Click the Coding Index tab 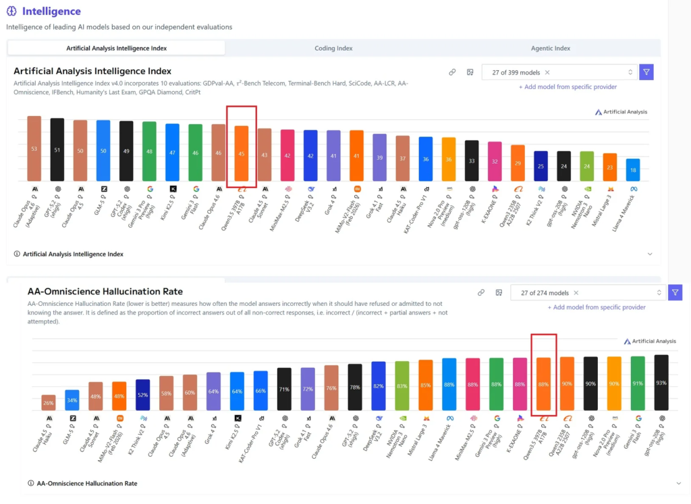tap(333, 49)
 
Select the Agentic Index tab tap(551, 49)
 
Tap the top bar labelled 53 tap(34, 148)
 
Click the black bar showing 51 tap(57, 150)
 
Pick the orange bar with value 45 tap(242, 153)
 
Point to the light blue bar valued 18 tap(632, 170)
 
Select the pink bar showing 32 tap(495, 161)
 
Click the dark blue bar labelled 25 tap(541, 166)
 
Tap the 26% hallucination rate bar tap(49, 403)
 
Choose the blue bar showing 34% tap(72, 400)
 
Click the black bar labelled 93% tap(661, 383)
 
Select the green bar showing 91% tap(638, 383)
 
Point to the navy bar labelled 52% tap(142, 395)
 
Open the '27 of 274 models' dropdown tap(587, 293)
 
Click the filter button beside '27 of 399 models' tap(646, 72)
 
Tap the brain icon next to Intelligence tap(11, 11)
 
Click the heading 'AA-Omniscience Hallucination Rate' tap(105, 292)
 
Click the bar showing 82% tap(379, 386)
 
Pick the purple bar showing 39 tap(379, 157)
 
